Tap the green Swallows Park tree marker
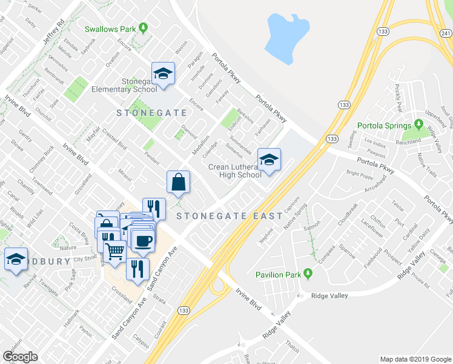(142, 27)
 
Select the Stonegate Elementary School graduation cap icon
(163, 75)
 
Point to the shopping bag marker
(179, 182)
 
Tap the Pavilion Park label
(278, 275)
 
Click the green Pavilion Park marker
(308, 274)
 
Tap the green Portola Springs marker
(418, 125)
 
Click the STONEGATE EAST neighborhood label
(230, 216)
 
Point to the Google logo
(20, 357)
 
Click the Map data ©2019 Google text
(415, 359)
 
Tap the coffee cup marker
(143, 241)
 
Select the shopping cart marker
(115, 249)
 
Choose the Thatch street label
(292, 348)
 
